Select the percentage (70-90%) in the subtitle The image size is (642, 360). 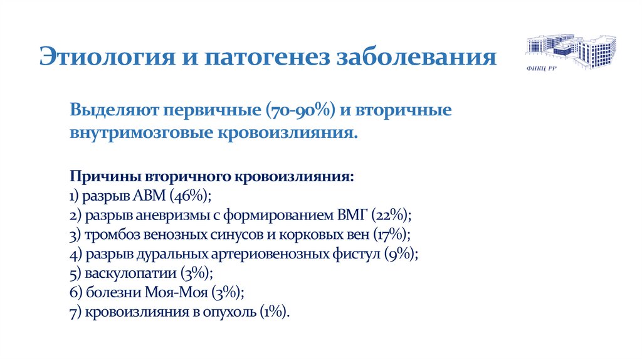pos(303,110)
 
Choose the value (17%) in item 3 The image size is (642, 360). pos(391,235)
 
